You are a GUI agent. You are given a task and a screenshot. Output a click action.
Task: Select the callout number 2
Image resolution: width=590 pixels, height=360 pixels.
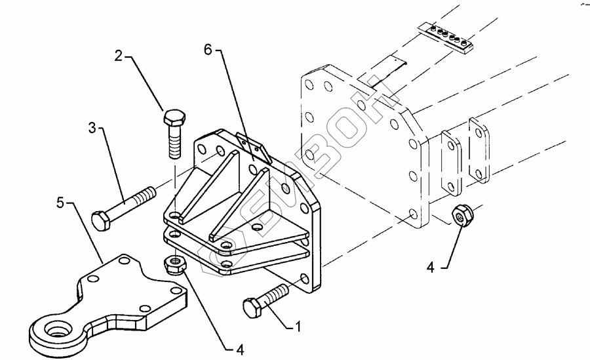119,56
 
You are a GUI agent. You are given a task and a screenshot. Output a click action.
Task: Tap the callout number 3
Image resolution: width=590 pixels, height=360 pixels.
93,127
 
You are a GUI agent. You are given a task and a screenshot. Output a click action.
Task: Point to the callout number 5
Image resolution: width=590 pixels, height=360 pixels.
60,203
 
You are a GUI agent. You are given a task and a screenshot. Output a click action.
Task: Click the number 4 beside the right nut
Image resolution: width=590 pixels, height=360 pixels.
431,267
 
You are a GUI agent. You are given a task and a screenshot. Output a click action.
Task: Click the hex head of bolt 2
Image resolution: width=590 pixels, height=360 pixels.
172,121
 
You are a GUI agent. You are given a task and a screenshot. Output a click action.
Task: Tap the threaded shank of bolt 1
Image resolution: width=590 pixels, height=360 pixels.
277,293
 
